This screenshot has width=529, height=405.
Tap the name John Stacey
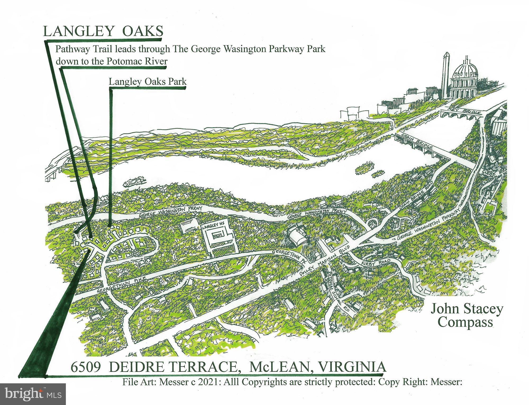467,309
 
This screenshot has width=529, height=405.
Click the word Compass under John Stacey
467,322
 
